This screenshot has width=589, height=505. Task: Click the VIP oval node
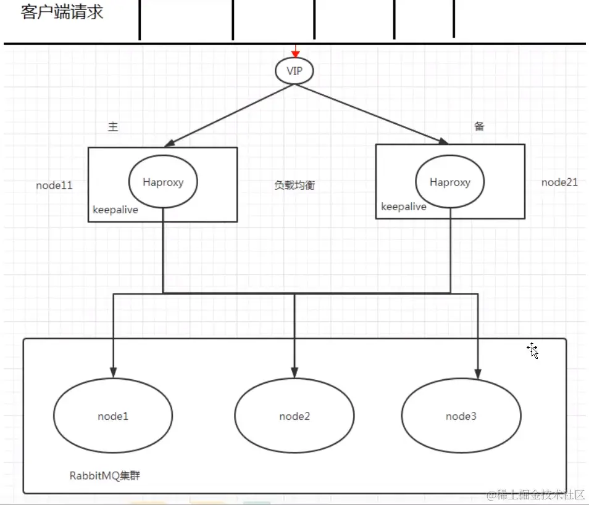point(294,71)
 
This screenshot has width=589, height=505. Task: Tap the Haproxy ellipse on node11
point(163,182)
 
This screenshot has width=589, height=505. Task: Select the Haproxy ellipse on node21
point(450,182)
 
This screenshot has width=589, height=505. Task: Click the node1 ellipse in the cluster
point(113,416)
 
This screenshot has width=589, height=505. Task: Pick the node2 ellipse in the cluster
point(294,416)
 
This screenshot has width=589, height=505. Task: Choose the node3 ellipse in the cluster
point(461,416)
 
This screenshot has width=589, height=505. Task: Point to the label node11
point(54,185)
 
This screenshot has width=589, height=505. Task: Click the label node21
point(559,182)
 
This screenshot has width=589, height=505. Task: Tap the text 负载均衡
point(294,185)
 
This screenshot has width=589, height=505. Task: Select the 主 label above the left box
point(113,127)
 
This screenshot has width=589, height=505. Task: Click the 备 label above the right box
point(479,126)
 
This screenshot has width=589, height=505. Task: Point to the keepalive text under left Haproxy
point(115,210)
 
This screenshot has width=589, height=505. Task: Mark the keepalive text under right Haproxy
point(404,207)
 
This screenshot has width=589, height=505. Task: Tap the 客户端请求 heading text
point(62,12)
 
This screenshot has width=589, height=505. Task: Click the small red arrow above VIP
point(296,52)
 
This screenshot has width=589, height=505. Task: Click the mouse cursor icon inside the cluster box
point(533,351)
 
